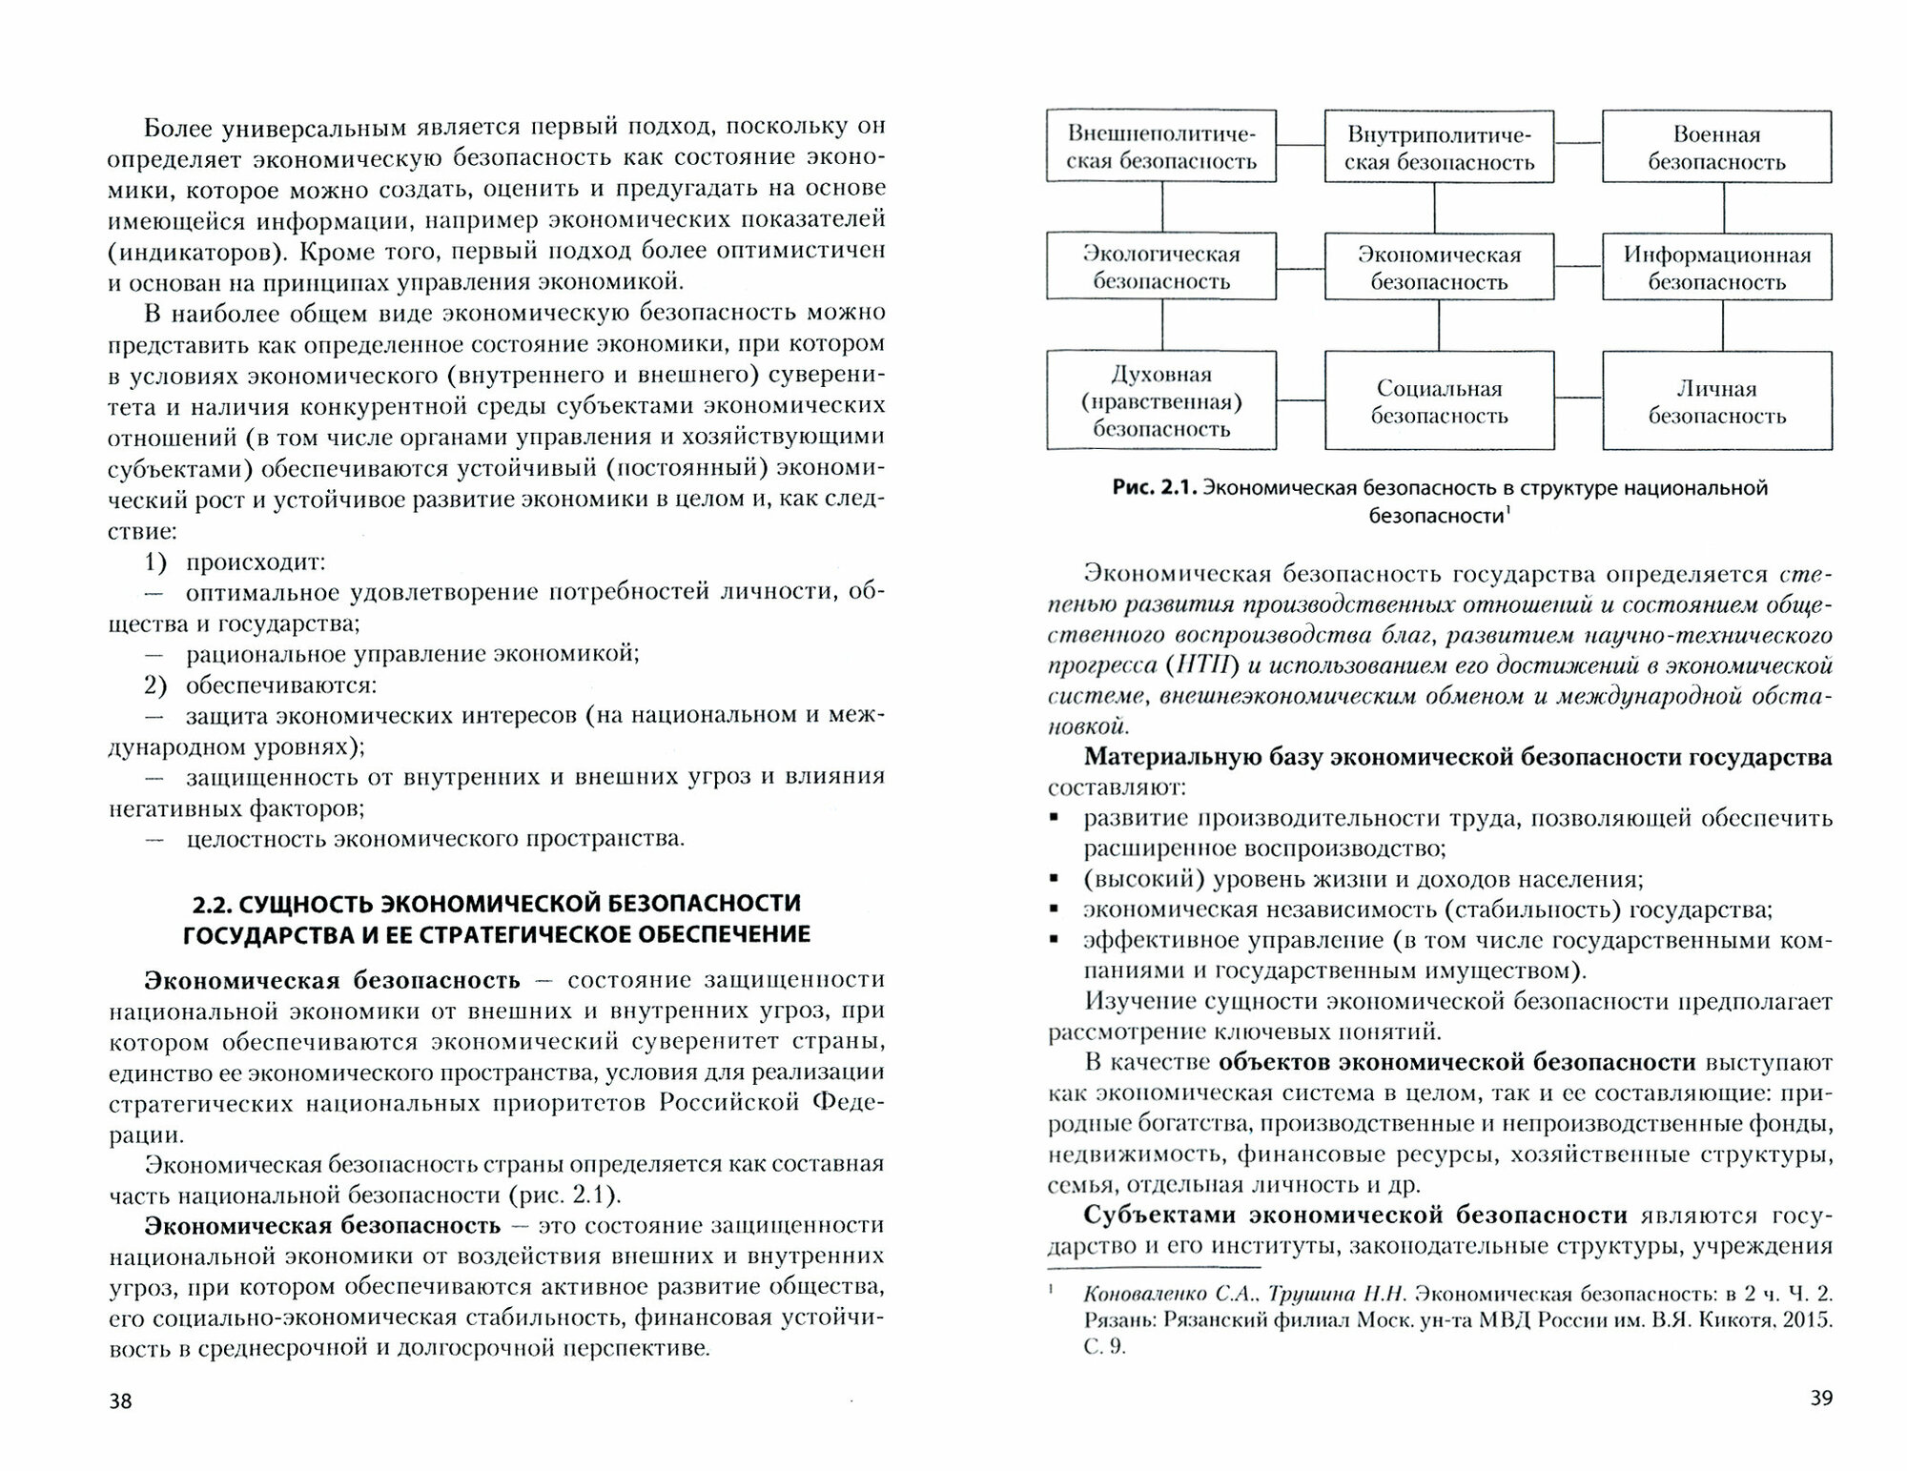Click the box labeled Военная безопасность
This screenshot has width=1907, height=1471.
click(1716, 147)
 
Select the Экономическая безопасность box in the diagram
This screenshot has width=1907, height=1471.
click(1439, 268)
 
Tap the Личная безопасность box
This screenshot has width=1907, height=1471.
click(1716, 401)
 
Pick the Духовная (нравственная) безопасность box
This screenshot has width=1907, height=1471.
click(1161, 401)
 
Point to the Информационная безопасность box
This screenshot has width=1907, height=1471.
click(1716, 268)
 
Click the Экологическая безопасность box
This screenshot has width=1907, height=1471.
click(1161, 268)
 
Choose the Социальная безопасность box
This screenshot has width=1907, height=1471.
click(1439, 401)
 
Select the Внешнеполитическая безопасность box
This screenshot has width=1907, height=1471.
click(1161, 147)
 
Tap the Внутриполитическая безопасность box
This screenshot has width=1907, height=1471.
click(1439, 147)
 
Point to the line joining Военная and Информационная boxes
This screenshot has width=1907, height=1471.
click(1725, 207)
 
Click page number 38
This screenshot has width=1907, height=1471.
click(121, 1400)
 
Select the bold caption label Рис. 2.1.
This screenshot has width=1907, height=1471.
click(1153, 488)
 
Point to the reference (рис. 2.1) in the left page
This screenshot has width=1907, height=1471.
click(562, 1195)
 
